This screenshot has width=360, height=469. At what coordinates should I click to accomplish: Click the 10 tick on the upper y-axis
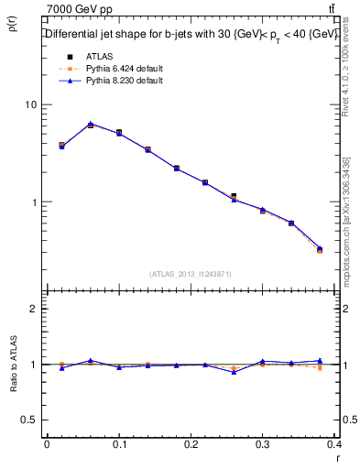click(x=30, y=104)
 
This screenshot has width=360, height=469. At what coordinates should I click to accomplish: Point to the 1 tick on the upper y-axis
click(x=33, y=202)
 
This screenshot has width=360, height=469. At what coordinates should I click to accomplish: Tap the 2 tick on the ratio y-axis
click(x=33, y=309)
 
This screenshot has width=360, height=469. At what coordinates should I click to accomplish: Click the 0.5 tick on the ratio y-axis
click(x=27, y=420)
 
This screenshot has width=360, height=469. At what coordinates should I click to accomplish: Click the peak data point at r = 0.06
click(x=90, y=125)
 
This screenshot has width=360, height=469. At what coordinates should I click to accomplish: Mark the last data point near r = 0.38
click(x=320, y=249)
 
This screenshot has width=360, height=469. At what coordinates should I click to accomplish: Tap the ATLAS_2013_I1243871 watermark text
click(x=190, y=275)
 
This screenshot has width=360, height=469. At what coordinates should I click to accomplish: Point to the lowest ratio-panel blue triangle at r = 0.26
click(x=235, y=372)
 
